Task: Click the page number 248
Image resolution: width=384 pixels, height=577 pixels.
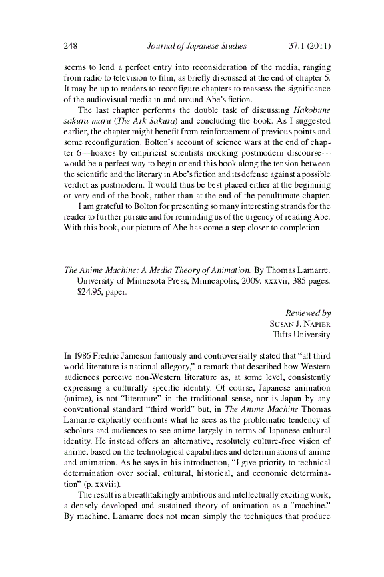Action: [71, 46]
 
